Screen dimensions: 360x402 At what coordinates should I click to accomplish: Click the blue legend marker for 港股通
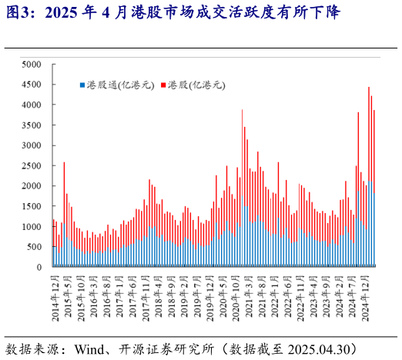(82, 85)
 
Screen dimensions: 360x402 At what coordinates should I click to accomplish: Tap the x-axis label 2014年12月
(54, 295)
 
